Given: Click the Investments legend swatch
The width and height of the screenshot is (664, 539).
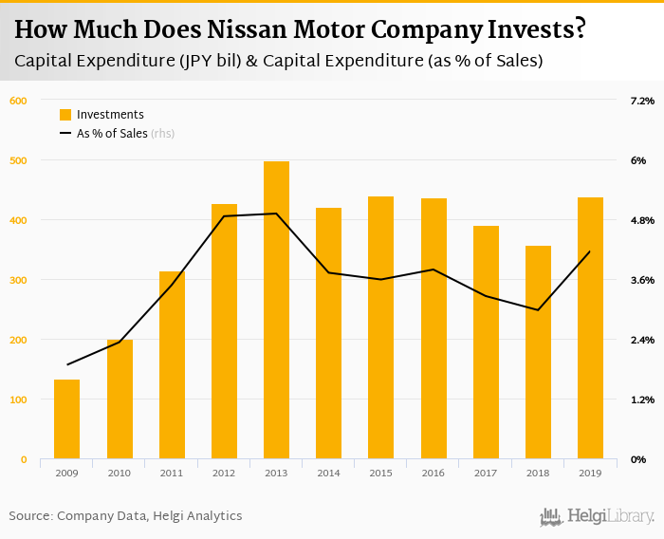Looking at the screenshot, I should tap(65, 115).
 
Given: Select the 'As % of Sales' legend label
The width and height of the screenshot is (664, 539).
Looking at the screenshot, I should tap(112, 134).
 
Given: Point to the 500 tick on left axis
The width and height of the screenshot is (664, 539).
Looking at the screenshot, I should tap(19, 160).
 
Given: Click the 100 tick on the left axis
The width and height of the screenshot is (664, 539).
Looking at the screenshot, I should tap(19, 400).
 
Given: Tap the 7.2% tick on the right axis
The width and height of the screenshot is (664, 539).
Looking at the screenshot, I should tap(642, 101).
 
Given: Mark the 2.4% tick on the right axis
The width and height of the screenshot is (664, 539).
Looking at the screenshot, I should tap(642, 340).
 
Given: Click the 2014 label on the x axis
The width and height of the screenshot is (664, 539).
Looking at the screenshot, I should tap(328, 472).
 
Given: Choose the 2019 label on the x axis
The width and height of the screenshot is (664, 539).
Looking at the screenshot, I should tap(590, 472).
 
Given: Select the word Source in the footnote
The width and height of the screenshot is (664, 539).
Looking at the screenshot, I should tap(30, 516).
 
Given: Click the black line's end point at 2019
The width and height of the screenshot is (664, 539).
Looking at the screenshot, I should tap(590, 251).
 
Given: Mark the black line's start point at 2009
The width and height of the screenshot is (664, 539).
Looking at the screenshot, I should tap(67, 364).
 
